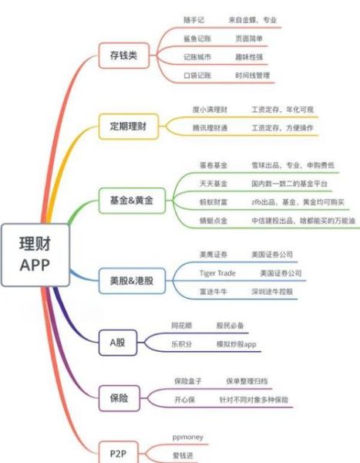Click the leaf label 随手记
193,19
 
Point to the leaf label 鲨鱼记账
197,38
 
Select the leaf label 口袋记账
197,75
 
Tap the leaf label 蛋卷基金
209,165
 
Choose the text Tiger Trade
216,273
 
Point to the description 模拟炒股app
236,344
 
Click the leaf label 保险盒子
189,382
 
